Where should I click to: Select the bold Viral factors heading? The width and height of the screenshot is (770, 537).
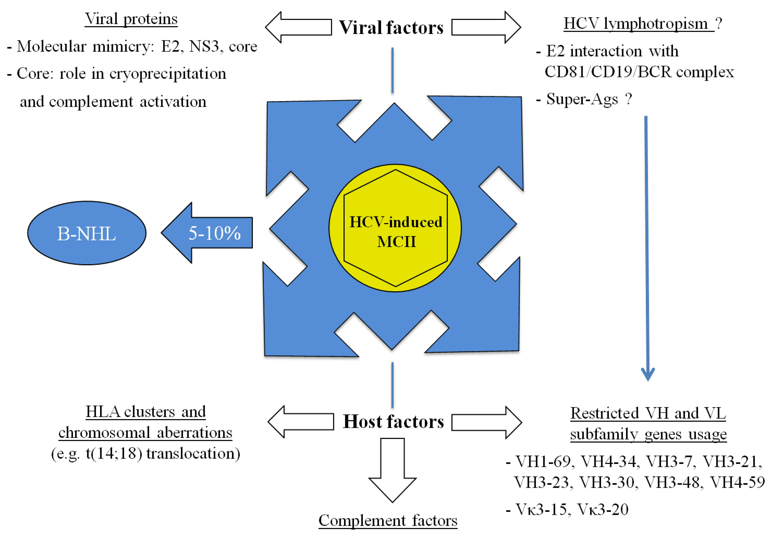391,27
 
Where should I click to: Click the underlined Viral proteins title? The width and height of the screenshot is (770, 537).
131,19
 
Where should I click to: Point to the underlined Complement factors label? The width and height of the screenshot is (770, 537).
388,521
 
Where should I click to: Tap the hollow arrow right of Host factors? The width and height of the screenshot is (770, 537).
486,422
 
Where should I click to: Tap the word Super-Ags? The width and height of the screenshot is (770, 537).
582,99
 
